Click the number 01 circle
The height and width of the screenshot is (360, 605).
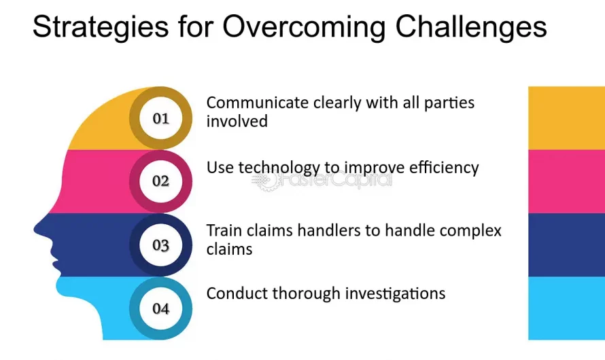[x=160, y=118]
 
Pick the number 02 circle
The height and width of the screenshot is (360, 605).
[x=160, y=181]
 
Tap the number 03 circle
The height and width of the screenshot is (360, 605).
[x=160, y=245]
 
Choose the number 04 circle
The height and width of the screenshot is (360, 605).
[x=160, y=309]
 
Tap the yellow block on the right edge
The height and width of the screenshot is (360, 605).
[x=566, y=118]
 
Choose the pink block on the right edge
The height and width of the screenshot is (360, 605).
[x=566, y=181]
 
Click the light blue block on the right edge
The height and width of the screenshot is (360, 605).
[x=566, y=308]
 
